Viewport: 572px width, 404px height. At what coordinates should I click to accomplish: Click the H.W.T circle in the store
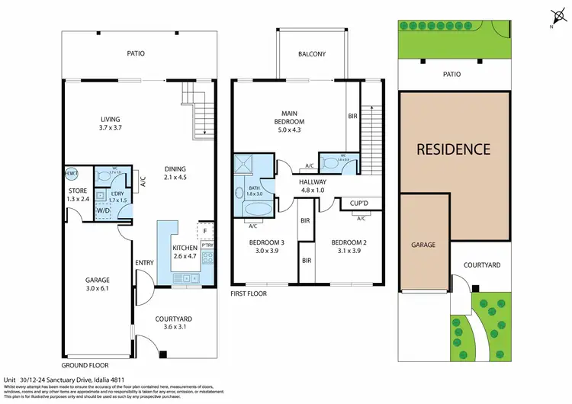pyautogui.click(x=72, y=173)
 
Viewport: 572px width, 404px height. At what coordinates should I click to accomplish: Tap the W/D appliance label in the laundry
pyautogui.click(x=104, y=211)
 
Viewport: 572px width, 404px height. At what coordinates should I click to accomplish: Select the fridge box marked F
pyautogui.click(x=205, y=230)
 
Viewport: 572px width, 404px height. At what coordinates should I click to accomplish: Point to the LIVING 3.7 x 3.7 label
pyautogui.click(x=111, y=123)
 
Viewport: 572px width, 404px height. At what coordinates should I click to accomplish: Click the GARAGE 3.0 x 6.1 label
pyautogui.click(x=98, y=285)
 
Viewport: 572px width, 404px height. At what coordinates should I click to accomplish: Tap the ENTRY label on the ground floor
pyautogui.click(x=144, y=263)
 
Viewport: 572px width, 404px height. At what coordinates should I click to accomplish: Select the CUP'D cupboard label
pyautogui.click(x=359, y=204)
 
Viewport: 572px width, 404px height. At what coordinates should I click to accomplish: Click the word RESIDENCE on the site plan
pyautogui.click(x=453, y=149)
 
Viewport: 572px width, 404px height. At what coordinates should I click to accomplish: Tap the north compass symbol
pyautogui.click(x=554, y=16)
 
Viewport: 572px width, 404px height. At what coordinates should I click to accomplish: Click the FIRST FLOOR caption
pyautogui.click(x=249, y=293)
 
